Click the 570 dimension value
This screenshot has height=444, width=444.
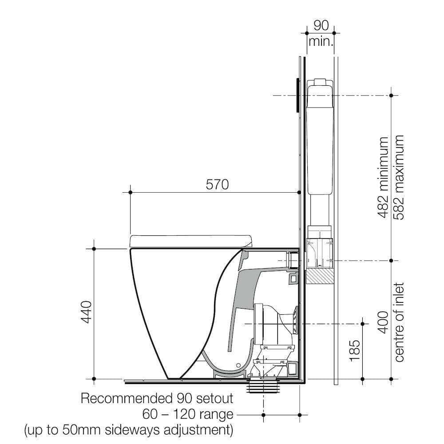coord(218,184)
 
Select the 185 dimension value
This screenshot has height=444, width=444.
coord(354,351)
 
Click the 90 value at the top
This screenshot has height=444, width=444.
coord(321,25)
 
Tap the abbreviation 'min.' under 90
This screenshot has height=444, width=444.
coord(321,42)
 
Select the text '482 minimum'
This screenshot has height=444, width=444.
coord(383,178)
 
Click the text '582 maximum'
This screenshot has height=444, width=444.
coord(399,178)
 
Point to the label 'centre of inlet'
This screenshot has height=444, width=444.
coord(399,322)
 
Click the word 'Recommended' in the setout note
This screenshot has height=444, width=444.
coord(125,398)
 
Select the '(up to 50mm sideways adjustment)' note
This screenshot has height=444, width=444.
coord(129,430)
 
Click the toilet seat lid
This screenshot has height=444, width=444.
coord(191,240)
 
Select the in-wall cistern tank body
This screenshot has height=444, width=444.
coord(319,138)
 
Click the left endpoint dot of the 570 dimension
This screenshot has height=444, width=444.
coord(130,192)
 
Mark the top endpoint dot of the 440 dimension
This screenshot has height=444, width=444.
coord(94,249)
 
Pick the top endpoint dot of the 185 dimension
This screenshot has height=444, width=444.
coord(363,323)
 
